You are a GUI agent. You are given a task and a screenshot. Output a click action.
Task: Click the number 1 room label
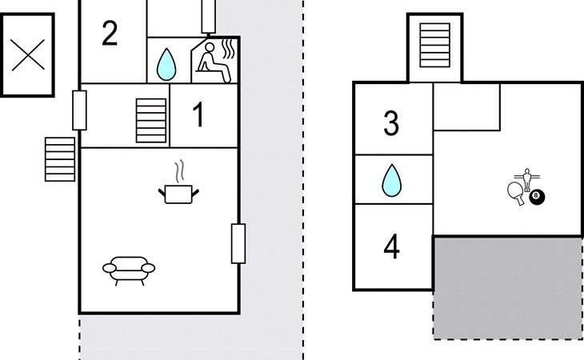tap(198, 115)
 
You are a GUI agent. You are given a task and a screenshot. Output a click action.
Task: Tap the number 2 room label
tap(110, 34)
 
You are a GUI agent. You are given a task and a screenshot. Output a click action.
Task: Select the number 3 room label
tap(391, 125)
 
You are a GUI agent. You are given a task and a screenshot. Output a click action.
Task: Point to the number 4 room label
tap(391, 247)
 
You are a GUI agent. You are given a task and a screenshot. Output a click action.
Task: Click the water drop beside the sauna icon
tap(166, 63)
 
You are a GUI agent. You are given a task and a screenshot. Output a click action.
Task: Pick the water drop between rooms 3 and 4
tap(391, 180)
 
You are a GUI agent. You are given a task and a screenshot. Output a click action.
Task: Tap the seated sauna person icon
tap(214, 60)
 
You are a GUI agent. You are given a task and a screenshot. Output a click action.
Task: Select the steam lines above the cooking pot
tap(182, 171)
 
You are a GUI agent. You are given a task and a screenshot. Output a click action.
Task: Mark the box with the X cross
tap(26, 54)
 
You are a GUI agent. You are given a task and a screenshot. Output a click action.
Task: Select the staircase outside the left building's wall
tap(60, 158)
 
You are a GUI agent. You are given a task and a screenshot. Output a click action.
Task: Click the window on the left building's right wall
tap(238, 243)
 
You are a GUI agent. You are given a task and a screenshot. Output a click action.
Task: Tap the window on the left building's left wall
tap(79, 110)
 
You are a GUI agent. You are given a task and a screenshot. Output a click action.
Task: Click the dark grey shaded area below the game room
tap(507, 286)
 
